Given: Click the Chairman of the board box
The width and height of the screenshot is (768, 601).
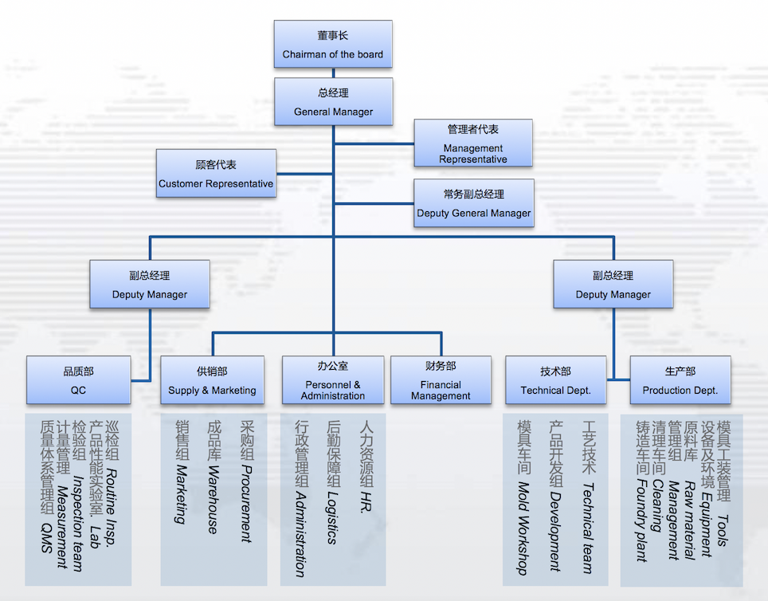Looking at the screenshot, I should tap(333, 45).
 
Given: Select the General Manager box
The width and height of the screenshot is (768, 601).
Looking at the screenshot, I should tap(333, 102).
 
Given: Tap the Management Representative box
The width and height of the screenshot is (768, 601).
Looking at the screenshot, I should tap(473, 143).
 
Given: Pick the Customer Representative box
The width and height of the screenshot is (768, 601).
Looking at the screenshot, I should tap(216, 174).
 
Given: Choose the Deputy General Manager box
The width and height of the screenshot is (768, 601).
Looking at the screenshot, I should tap(473, 203).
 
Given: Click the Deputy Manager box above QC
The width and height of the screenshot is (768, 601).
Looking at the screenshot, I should tap(150, 285).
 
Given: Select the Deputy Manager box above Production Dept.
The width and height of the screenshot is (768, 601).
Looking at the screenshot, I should tap(613, 285).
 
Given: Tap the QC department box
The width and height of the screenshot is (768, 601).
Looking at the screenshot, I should tap(78, 380).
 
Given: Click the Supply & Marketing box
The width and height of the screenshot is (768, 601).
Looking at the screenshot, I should tap(212, 380).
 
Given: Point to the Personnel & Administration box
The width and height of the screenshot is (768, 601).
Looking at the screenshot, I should tap(333, 380).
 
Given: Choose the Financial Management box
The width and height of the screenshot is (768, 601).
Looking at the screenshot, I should tap(441, 380).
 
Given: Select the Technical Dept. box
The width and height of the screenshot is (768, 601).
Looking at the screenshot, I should tap(555, 380).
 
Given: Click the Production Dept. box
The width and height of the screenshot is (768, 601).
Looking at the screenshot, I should tap(680, 380).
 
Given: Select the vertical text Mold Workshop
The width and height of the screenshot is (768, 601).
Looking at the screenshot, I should tap(523, 527).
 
